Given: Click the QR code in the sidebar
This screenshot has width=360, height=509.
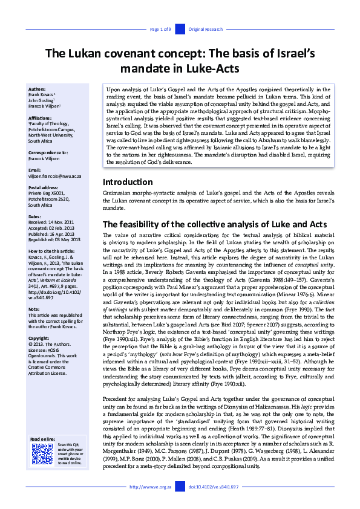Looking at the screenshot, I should [42, 453].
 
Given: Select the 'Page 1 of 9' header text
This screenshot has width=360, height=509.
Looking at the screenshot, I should [161, 29].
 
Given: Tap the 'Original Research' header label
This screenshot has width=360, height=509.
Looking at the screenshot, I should [205, 29].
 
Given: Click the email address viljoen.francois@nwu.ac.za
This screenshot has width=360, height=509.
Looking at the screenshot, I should [54, 176].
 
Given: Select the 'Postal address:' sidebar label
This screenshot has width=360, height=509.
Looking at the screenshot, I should [44, 187].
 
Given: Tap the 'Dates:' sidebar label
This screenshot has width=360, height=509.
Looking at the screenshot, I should [35, 216].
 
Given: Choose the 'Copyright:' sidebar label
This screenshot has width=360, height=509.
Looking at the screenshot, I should [39, 337].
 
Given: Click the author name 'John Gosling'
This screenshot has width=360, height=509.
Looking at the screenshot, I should [41, 100].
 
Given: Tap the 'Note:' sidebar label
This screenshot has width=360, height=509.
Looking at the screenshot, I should [34, 309].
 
